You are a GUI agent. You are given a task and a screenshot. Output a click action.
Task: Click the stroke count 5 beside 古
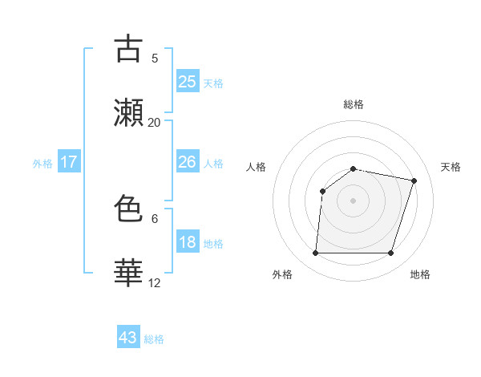pyautogui.click(x=155, y=58)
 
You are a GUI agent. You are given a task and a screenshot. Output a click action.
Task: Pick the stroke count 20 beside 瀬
pyautogui.click(x=155, y=123)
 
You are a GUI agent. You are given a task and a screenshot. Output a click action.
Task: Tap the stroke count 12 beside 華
pyautogui.click(x=155, y=282)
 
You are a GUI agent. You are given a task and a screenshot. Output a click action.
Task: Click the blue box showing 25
pyautogui.click(x=188, y=81)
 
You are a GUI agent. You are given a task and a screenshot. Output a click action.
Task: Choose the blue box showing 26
pyautogui.click(x=188, y=162)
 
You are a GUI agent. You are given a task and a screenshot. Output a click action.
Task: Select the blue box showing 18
pyautogui.click(x=188, y=242)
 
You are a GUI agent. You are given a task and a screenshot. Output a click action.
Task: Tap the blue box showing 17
pyautogui.click(x=69, y=162)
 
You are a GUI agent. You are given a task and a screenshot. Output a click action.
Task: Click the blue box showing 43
pyautogui.click(x=128, y=338)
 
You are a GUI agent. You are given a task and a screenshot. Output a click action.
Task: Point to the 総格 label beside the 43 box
pyautogui.click(x=155, y=339)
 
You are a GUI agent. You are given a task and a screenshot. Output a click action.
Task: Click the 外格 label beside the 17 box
pyautogui.click(x=42, y=164)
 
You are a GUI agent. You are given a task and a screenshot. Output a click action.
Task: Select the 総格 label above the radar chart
pyautogui.click(x=354, y=104)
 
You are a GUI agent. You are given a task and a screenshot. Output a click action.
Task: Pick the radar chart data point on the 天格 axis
pyautogui.click(x=414, y=180)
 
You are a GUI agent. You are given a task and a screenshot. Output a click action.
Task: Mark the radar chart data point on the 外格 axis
pyautogui.click(x=315, y=253)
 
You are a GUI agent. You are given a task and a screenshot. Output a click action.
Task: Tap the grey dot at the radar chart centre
pyautogui.click(x=354, y=201)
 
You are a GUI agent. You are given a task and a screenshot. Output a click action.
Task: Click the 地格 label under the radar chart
pyautogui.click(x=420, y=274)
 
